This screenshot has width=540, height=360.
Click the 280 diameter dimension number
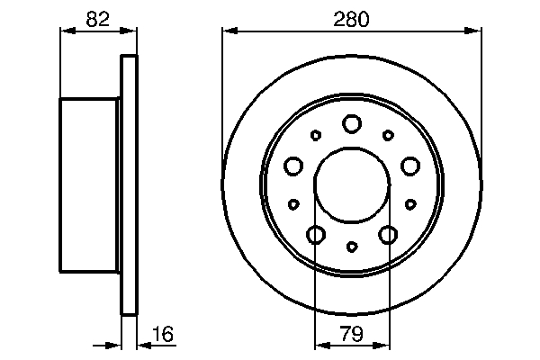coord(352,17)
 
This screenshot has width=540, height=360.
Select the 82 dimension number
coord(99,17)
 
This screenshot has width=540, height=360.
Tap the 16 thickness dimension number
coord(163,335)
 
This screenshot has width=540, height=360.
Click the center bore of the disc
coord(352,184)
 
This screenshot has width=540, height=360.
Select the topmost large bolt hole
coord(352,123)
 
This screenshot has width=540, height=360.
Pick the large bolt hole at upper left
coord(293,166)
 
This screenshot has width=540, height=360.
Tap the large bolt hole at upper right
coord(410,166)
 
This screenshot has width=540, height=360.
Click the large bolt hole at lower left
coord(316,235)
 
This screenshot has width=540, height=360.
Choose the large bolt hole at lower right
coord(389,235)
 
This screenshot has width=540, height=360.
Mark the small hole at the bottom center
coord(352,246)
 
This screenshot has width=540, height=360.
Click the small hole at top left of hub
coord(316,135)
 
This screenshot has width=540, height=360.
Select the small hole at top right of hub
coord(388,135)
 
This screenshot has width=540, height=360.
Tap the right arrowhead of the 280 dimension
coord(476,32)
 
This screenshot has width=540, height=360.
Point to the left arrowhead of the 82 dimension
coord(66,32)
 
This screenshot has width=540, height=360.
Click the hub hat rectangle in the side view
coord(90,184)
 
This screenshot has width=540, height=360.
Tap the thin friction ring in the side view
coord(130,184)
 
